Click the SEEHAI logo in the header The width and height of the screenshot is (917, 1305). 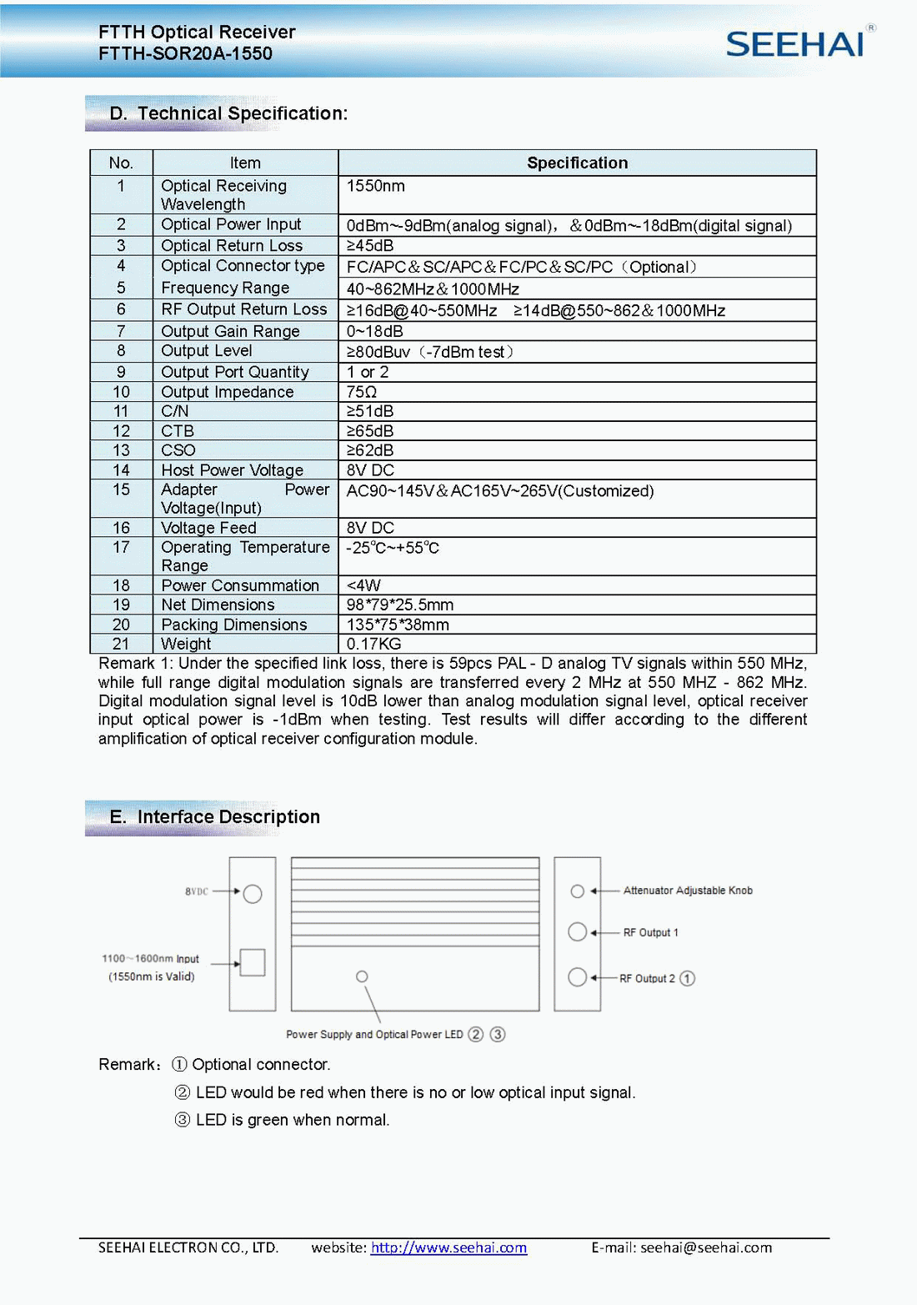tap(795, 43)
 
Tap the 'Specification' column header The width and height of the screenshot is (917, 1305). tap(577, 163)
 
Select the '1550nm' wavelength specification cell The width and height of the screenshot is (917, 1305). tap(376, 186)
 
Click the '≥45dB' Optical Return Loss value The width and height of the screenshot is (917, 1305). tap(370, 246)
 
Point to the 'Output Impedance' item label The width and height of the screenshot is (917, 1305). tap(227, 392)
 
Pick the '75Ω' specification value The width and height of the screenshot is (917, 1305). tap(362, 392)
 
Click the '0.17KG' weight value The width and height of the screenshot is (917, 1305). tap(373, 644)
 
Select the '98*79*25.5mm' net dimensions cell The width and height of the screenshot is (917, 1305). tap(400, 605)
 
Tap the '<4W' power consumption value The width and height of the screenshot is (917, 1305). tap(363, 585)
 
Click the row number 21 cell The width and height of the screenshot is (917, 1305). tap(121, 644)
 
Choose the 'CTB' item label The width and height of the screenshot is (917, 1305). tap(178, 431)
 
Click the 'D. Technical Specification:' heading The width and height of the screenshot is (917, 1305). tap(228, 113)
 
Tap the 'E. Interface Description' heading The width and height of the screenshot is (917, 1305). tap(215, 817)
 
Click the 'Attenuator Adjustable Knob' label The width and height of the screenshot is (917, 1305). tap(688, 891)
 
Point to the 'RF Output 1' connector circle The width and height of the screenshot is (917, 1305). tap(577, 931)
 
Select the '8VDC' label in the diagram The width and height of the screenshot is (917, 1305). tap(197, 891)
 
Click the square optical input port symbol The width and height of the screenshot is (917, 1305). tap(253, 962)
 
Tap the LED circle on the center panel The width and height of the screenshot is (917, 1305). tap(362, 976)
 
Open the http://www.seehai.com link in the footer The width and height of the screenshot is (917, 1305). tap(448, 1247)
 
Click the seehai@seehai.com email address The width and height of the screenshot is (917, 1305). tap(706, 1247)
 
